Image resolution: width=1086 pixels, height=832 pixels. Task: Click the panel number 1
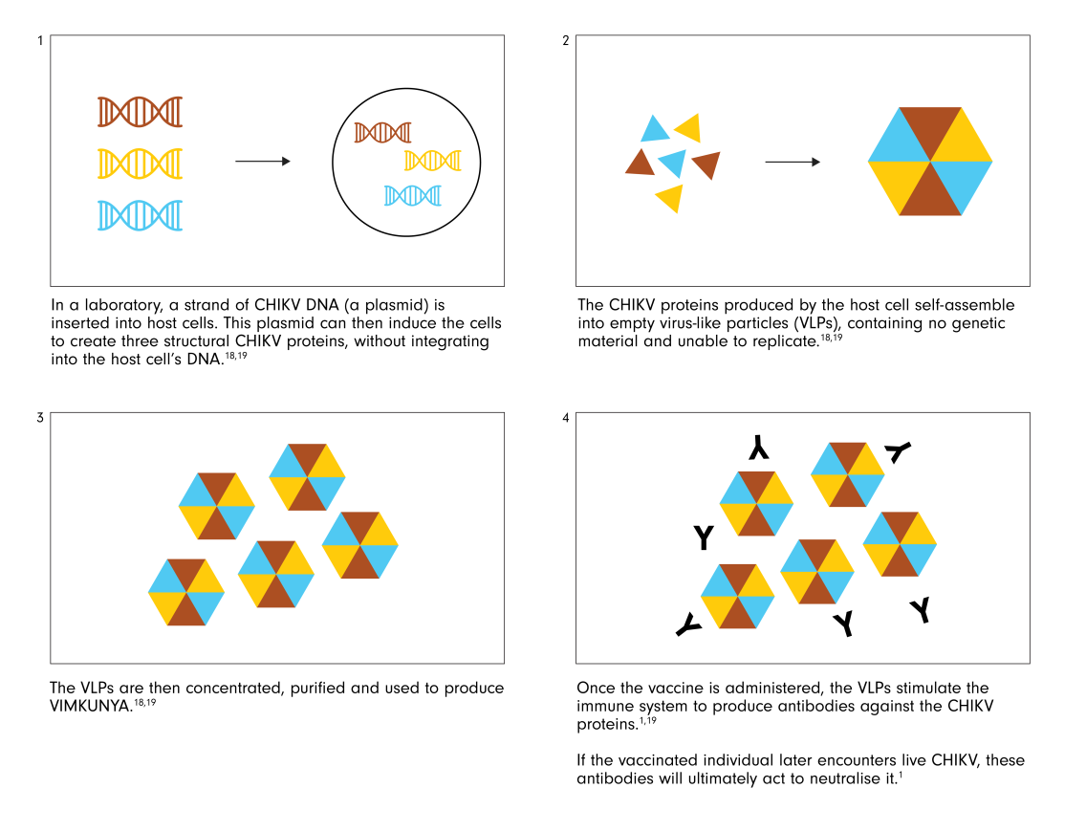(x=40, y=41)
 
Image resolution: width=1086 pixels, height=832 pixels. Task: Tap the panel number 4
(x=566, y=418)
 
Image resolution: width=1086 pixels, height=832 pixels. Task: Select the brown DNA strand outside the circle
(x=140, y=112)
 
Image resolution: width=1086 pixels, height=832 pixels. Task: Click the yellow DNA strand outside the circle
(x=140, y=164)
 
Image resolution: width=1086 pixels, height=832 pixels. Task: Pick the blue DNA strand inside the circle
(x=413, y=195)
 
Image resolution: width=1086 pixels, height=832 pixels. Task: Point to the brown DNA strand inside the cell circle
(x=383, y=132)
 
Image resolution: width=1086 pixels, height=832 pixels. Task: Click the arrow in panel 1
(x=263, y=162)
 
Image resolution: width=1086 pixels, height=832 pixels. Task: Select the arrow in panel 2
(x=793, y=163)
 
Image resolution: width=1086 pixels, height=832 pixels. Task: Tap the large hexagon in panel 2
(x=930, y=162)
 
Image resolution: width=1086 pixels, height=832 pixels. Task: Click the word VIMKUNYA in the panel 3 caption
(x=91, y=707)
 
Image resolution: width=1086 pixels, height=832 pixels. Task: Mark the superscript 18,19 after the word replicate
(x=832, y=339)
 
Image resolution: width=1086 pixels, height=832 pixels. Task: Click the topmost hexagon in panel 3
(x=307, y=477)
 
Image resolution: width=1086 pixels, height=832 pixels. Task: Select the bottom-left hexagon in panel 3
(x=186, y=592)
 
